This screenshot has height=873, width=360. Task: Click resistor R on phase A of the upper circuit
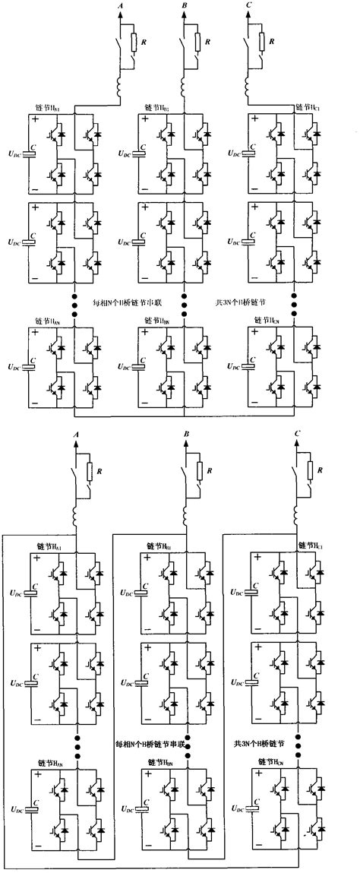(x=133, y=41)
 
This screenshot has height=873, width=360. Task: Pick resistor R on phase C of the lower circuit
(x=310, y=471)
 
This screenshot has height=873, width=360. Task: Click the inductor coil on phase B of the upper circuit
(x=185, y=91)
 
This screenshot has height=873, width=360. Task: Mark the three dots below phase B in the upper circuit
(x=185, y=301)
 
